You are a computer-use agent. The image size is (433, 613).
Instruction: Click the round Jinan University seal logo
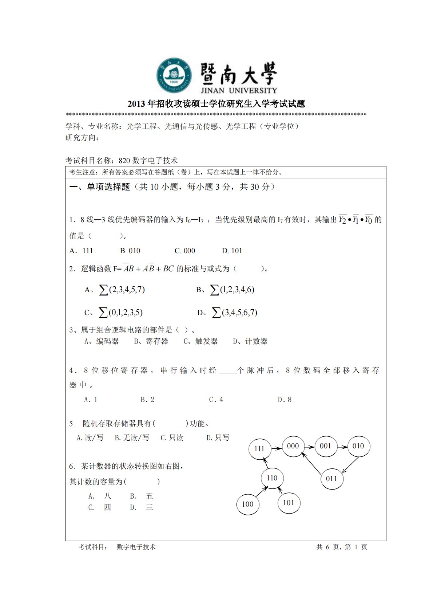click(174, 75)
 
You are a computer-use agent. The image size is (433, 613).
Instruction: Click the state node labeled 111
click(260, 449)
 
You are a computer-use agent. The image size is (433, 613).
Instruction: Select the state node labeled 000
click(293, 446)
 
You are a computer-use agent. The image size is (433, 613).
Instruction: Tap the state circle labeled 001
click(325, 446)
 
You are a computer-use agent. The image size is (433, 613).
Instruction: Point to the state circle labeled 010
click(358, 446)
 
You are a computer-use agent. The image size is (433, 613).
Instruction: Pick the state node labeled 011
click(331, 479)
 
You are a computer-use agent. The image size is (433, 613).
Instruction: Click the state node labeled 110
click(272, 478)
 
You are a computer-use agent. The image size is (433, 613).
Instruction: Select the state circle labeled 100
click(247, 504)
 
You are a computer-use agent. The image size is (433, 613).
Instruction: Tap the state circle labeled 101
click(289, 503)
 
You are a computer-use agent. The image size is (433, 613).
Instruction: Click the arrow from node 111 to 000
click(276, 448)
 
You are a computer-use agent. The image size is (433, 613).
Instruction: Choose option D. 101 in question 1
click(232, 251)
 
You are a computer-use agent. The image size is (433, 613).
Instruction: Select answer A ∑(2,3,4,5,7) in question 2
click(115, 290)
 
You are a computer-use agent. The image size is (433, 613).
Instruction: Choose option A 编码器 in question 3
click(102, 341)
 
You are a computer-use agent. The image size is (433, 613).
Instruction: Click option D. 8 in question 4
click(285, 400)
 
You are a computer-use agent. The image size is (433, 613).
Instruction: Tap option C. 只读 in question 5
click(172, 438)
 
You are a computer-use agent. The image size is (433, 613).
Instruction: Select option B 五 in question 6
click(142, 496)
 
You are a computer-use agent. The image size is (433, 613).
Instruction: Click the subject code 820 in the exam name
click(124, 161)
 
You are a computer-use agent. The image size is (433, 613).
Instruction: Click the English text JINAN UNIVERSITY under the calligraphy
click(239, 90)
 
